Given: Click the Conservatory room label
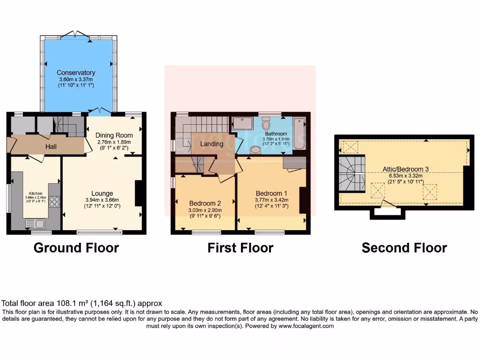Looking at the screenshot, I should coord(76,73).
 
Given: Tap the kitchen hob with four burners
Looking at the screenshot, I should coord(54,202).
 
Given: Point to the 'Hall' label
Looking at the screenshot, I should coord(51,147).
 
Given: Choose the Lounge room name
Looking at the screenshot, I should coord(102,193).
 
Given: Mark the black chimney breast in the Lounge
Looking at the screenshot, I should coord(139,193).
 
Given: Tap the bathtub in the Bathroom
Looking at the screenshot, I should coord(299,134).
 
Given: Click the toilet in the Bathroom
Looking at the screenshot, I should coord(266,125).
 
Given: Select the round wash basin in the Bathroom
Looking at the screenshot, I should coord(256,150).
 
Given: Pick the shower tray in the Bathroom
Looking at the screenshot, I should coord(242,123).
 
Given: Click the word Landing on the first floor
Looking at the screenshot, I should coord(211,144).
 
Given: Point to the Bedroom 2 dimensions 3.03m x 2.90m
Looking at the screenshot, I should coord(205,210).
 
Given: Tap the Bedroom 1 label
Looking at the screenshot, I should coord(272,193).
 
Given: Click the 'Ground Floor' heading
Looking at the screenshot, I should coord(76,247).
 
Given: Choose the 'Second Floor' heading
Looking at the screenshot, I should coord(404,247).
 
